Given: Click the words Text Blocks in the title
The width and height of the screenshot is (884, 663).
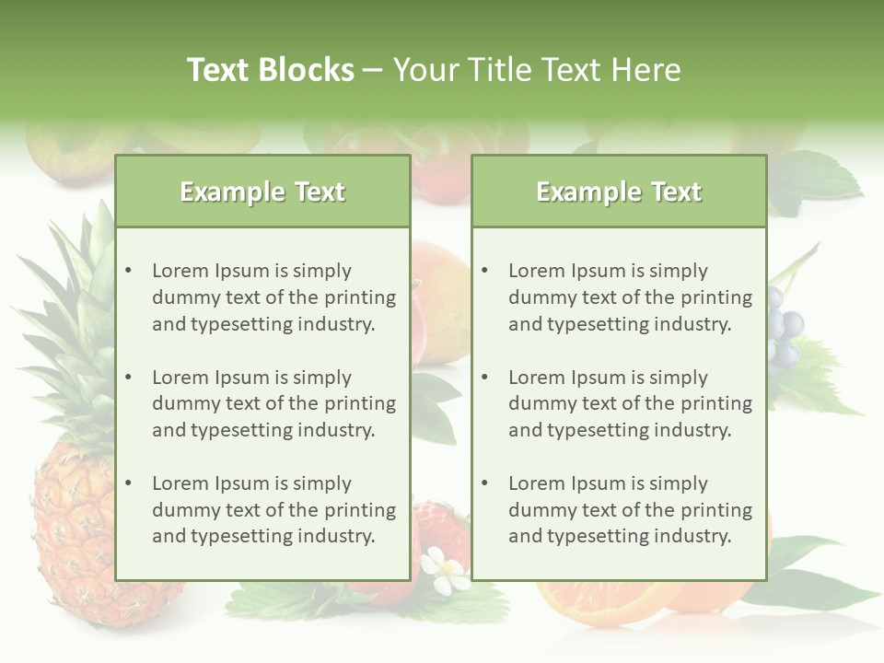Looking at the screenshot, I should pyautogui.click(x=270, y=70).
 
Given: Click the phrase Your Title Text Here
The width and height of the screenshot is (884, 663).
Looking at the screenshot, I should pyautogui.click(x=537, y=70).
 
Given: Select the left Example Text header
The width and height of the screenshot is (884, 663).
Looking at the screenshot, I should pyautogui.click(x=262, y=192).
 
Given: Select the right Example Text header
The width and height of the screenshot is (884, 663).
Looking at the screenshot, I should pyautogui.click(x=619, y=192).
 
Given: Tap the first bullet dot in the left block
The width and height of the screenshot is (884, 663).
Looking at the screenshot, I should pyautogui.click(x=128, y=271).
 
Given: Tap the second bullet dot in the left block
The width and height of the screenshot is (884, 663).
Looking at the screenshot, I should pyautogui.click(x=128, y=378).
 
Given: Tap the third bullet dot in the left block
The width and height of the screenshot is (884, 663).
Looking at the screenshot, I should pyautogui.click(x=128, y=483).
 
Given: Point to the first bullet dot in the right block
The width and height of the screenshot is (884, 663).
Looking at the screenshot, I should pyautogui.click(x=484, y=271).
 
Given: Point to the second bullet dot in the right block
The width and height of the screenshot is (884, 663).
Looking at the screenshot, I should pyautogui.click(x=484, y=378).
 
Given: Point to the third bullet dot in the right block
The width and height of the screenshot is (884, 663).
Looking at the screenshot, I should pyautogui.click(x=484, y=483).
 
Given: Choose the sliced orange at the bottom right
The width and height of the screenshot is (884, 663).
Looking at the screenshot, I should pyautogui.click(x=599, y=599).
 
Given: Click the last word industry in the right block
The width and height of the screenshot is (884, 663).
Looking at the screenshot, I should pyautogui.click(x=693, y=536).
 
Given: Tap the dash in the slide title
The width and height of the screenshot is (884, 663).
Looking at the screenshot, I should pyautogui.click(x=373, y=70).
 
